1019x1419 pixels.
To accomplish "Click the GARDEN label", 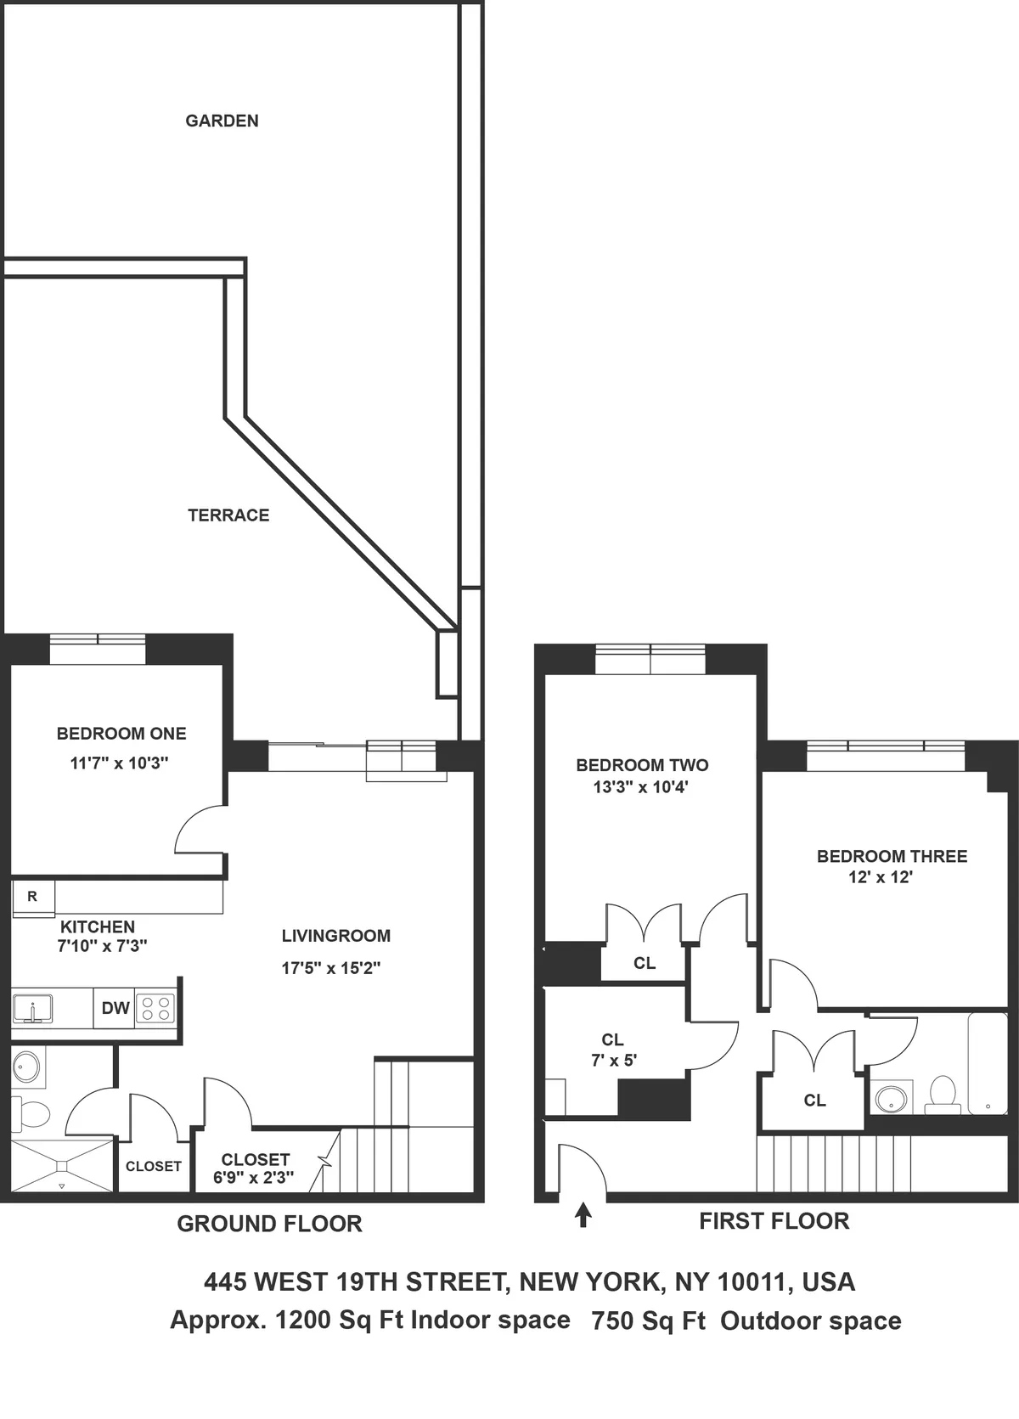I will (222, 121).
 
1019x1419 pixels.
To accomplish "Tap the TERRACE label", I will (228, 515).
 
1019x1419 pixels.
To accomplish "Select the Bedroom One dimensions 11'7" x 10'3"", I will (119, 763).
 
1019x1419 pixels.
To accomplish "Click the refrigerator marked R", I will (33, 897).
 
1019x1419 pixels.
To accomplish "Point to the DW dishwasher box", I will (115, 1008).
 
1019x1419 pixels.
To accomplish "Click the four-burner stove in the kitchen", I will (155, 1009).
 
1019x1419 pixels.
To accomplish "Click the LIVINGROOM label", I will (336, 936).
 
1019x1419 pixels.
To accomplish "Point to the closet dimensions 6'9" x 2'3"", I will (253, 1178).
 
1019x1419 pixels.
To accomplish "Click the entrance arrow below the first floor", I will (583, 1215).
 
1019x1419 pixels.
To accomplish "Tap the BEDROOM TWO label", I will (642, 765).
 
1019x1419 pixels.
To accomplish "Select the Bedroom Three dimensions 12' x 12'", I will (880, 877).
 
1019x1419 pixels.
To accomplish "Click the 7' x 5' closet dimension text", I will (614, 1060).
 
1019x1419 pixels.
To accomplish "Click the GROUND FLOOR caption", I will (269, 1224).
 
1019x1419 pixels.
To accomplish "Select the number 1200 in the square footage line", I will (302, 1320).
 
